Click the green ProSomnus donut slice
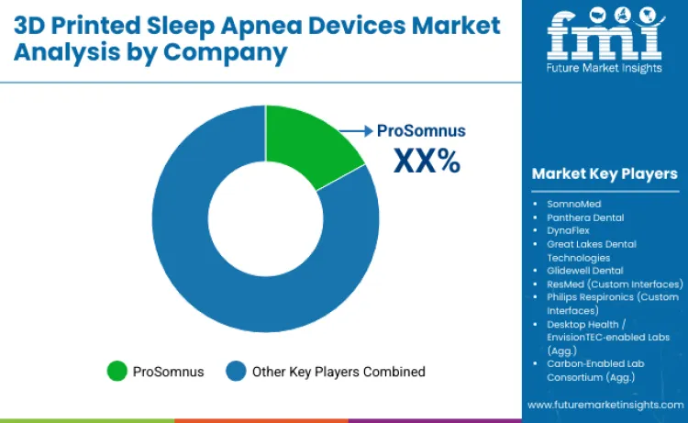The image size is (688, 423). tap(307, 146)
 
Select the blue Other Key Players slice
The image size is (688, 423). tap(229, 275)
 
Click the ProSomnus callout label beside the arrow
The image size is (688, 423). tap(421, 131)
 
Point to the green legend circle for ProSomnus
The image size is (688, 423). tap(117, 372)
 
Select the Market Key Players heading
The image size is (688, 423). tap(605, 173)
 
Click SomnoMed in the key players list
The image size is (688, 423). tap(574, 204)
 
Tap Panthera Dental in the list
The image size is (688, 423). tap(585, 217)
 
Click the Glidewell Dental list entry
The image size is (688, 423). tap(584, 271)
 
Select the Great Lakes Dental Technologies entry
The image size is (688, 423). tap(592, 250)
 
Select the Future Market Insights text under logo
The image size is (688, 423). tap(604, 72)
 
